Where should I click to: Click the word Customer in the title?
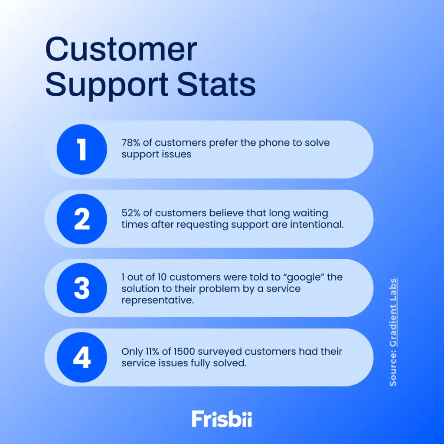click(x=121, y=50)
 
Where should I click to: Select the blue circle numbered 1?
click(x=82, y=150)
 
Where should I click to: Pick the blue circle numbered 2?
click(x=82, y=219)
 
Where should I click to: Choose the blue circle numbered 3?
click(x=82, y=288)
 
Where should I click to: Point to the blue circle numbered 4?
click(x=82, y=358)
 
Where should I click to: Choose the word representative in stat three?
click(x=157, y=300)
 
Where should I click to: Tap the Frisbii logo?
click(x=222, y=419)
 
